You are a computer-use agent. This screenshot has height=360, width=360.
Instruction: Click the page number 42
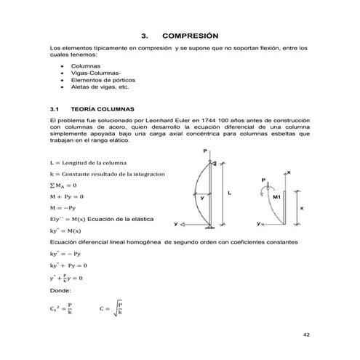(305, 336)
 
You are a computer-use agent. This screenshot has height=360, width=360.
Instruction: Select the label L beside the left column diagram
(231, 193)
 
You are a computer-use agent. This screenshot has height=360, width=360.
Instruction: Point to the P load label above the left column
(207, 151)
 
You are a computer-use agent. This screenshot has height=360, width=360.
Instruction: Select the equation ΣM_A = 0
(63, 185)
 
